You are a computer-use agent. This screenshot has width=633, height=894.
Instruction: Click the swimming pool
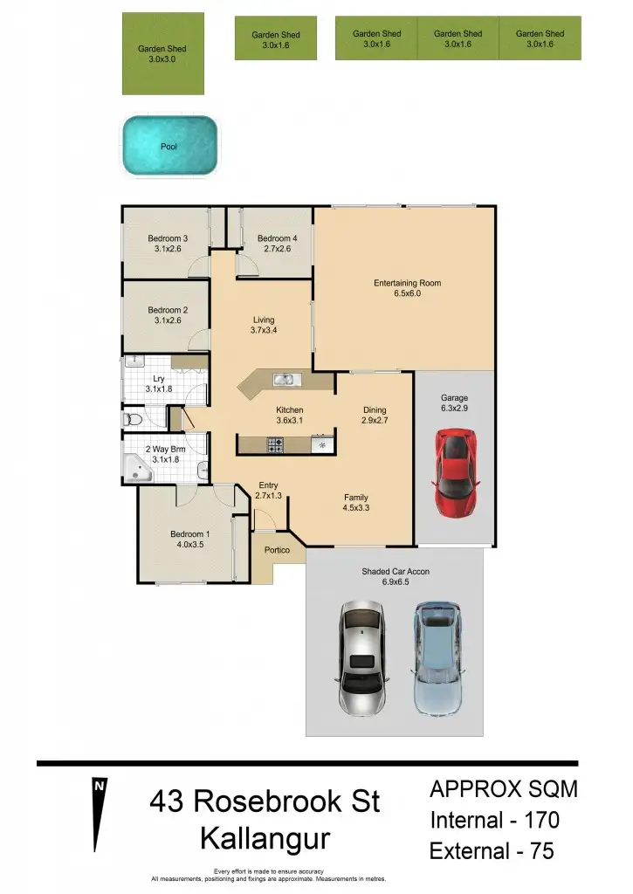[169, 147]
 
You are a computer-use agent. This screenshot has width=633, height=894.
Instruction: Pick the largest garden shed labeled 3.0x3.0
[162, 53]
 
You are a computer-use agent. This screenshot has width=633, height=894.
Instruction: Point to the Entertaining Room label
[407, 283]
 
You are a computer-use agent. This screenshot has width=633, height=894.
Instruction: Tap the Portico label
[277, 550]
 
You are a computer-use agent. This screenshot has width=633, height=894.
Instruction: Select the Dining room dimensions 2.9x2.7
[375, 421]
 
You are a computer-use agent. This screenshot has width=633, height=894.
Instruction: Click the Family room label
[355, 498]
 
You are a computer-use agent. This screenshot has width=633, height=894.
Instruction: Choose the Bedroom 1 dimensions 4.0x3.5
[189, 545]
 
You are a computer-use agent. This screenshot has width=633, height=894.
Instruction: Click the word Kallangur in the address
[265, 839]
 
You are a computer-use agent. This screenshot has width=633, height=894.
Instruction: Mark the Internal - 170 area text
[494, 821]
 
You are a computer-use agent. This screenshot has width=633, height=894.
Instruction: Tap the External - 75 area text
[492, 851]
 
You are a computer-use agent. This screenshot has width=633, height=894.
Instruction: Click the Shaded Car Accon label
[396, 572]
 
